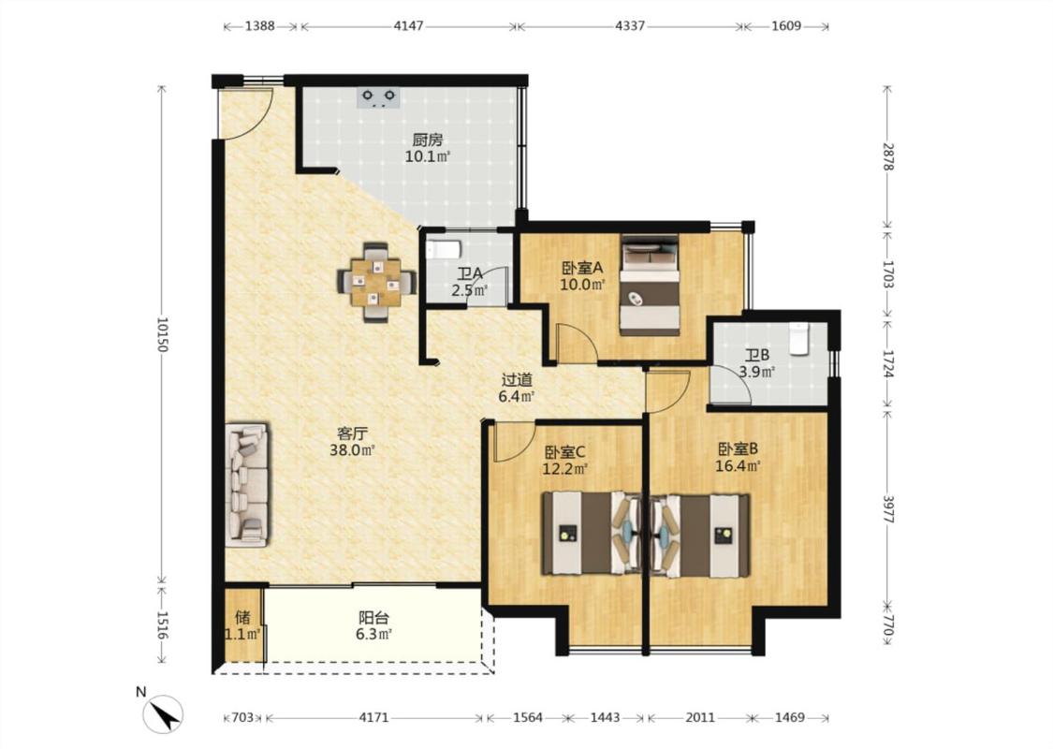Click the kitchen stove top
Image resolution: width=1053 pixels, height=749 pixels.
click(x=379, y=97)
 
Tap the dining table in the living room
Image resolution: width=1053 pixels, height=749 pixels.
click(x=376, y=282)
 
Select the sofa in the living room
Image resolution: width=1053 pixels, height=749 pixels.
click(x=247, y=484)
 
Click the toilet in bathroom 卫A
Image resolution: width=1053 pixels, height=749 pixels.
click(x=444, y=250)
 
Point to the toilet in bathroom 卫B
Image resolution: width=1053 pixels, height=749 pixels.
click(x=799, y=339)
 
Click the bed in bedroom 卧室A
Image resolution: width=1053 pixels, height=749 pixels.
click(x=650, y=285)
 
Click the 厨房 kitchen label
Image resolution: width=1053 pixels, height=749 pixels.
click(x=428, y=140)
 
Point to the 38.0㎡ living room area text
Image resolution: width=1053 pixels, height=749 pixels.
click(x=352, y=450)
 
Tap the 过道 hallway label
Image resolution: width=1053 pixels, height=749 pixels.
click(x=517, y=380)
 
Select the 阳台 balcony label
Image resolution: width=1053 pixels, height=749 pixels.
click(x=374, y=617)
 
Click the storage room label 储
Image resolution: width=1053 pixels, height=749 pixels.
click(x=242, y=617)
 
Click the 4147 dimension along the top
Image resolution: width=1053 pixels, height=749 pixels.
click(x=408, y=26)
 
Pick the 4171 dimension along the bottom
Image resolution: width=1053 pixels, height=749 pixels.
click(x=373, y=717)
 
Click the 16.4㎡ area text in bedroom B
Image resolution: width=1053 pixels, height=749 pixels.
click(x=739, y=466)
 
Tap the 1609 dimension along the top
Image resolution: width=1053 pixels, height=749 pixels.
click(x=785, y=26)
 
